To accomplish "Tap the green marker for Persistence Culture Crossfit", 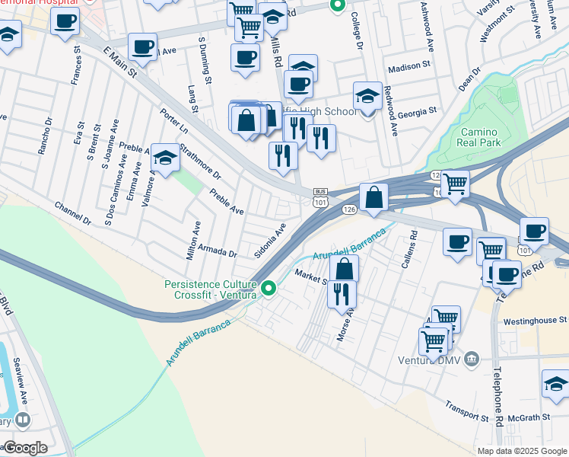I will point(268,289).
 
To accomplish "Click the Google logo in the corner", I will point(25,448).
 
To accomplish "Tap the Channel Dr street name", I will point(72,213).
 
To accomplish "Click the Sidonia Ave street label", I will point(270,241).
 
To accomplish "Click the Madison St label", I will point(409,68).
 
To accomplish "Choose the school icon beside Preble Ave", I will point(164,158).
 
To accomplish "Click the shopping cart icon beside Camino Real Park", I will point(455,183).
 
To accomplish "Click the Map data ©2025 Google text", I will point(522,450).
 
